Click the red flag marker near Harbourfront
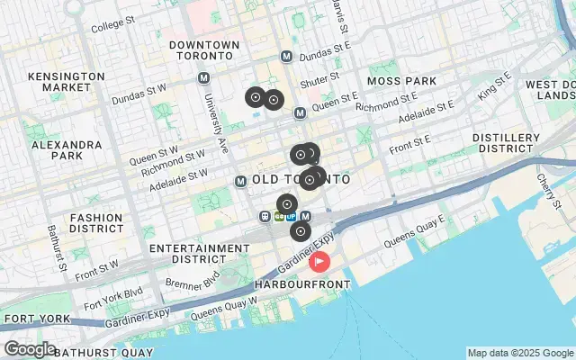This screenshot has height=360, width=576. coord(319,262)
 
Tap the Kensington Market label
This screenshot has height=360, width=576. coord(67,82)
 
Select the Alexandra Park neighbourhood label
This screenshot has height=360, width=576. coord(67,149)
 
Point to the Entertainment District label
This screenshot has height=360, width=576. coord(186,253)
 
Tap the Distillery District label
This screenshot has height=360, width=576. coord(505,142)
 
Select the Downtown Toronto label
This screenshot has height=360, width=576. coord(203,51)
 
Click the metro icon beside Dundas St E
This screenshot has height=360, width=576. coord(287,56)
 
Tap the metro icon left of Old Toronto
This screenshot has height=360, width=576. coord(240,181)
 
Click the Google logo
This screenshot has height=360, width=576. coord(30,349)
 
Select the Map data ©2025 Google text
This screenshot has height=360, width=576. coord(519,353)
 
